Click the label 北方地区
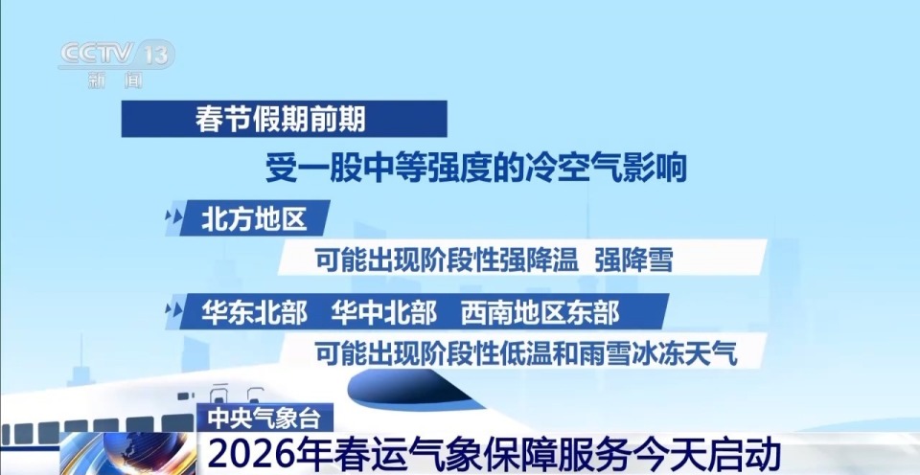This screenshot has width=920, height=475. tap(253, 219)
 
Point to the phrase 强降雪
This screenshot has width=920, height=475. tap(633, 260)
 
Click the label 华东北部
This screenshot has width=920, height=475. tap(254, 311)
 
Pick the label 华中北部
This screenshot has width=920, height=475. tap(383, 311)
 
